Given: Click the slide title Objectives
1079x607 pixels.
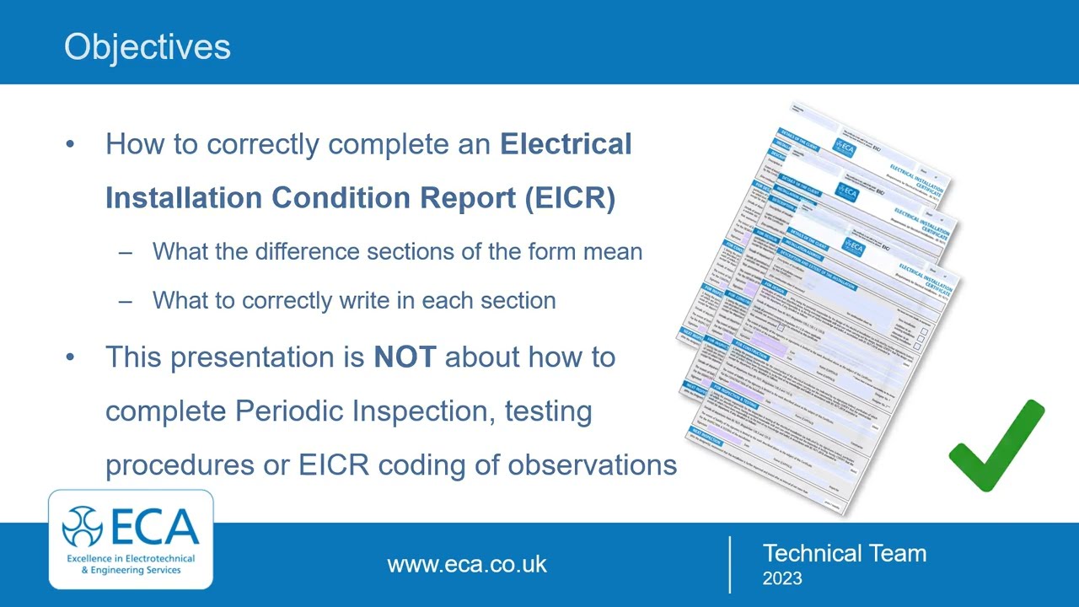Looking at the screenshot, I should pos(148,46).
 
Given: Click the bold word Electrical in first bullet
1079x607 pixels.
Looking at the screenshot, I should pos(566,144).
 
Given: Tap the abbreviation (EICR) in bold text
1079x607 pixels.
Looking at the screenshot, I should pos(570,197).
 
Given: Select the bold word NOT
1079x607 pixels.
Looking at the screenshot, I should pos(405,357).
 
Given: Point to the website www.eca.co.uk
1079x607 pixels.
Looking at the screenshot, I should pos(467,564).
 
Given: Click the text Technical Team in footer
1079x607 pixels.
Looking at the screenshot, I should pos(844,553).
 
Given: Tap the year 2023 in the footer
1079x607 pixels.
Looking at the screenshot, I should pos(782,578).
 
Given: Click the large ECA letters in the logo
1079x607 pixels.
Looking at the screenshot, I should pos(154,528).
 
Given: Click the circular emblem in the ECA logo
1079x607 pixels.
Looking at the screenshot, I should pos(83,528).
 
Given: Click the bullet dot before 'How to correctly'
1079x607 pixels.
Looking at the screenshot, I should pos(70,144).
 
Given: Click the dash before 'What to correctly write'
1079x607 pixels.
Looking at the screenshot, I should pos(126,300).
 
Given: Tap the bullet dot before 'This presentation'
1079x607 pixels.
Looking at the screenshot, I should pos(70,357).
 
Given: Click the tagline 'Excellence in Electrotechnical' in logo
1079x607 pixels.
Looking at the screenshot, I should pos(131,558).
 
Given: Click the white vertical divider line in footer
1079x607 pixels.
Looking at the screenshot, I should pos(729,564).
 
